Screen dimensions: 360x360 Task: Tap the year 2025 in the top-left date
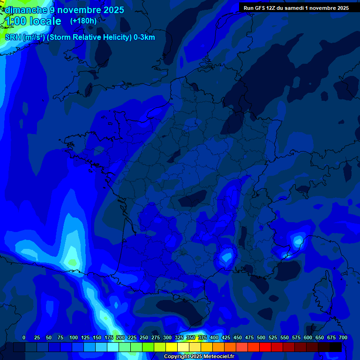[111, 10]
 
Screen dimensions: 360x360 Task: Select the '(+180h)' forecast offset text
[83, 21]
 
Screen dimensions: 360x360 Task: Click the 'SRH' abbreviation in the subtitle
[13, 37]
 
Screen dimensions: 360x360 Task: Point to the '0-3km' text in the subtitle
[144, 37]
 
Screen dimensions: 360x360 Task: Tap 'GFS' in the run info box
[260, 8]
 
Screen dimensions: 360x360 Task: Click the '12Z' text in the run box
[273, 8]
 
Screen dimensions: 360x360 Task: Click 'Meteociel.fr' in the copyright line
[218, 357]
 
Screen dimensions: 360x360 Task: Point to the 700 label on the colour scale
[343, 337]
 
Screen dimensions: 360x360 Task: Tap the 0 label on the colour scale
[24, 337]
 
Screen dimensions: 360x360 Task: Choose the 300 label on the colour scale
[167, 337]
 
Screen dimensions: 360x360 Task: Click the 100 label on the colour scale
[74, 337]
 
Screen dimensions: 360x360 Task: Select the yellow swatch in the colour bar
[172, 347]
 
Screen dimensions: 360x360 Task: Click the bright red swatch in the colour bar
[265, 347]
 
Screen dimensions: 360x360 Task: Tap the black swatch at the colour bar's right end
[336, 347]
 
